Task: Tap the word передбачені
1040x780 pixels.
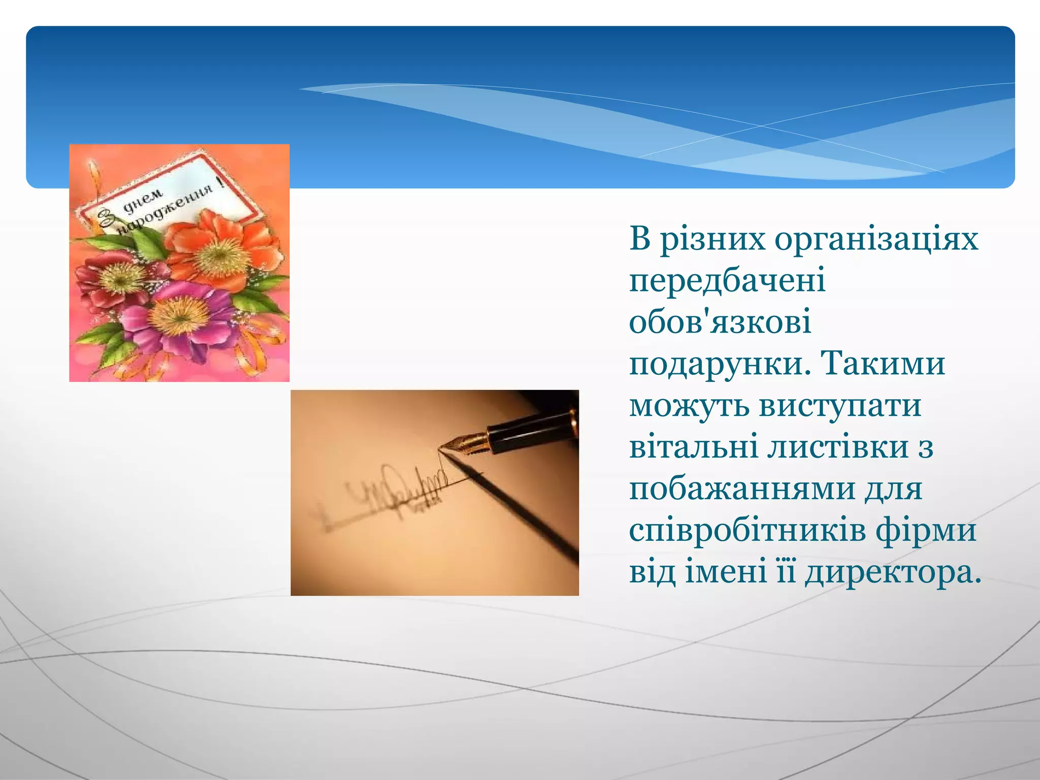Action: [727, 280]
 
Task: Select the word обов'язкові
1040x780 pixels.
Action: [720, 322]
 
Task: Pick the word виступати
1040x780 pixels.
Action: [840, 406]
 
